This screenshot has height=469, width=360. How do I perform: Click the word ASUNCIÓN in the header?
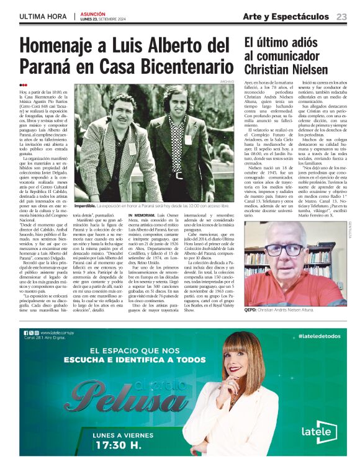(x=93, y=13)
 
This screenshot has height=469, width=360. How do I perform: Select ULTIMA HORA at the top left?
(x=43, y=16)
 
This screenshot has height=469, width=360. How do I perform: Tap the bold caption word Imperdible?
(x=85, y=205)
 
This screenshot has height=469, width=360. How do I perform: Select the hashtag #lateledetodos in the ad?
(x=318, y=335)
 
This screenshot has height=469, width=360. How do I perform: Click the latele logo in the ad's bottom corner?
(x=320, y=432)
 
